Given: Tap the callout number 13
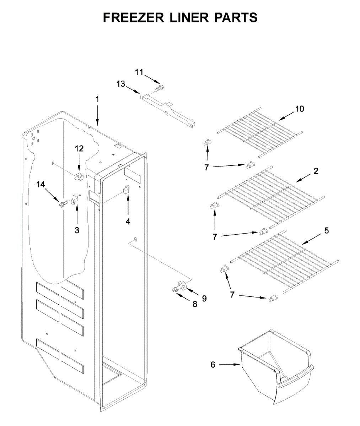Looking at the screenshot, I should (121, 84).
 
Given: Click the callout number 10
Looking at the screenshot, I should (300, 109).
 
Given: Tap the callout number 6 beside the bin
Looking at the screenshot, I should (213, 364).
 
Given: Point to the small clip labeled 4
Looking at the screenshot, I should (126, 191).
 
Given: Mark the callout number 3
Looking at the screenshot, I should (77, 230).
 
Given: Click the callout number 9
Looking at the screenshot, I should (204, 299).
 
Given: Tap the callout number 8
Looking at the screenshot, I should (195, 305).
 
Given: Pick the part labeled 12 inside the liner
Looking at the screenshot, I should (79, 176).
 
